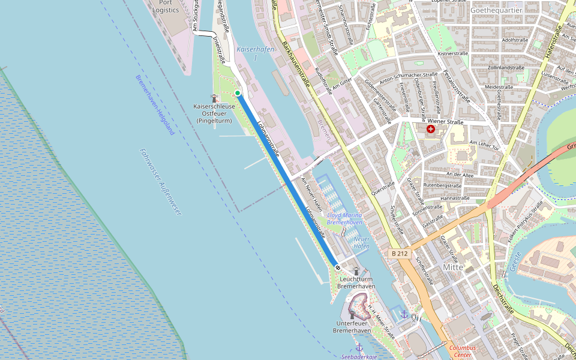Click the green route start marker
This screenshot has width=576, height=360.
pyautogui.click(x=238, y=93)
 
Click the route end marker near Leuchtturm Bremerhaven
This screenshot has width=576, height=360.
pyautogui.click(x=338, y=268)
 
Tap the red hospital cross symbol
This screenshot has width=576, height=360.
pyautogui.click(x=431, y=129)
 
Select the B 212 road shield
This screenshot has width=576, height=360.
pyautogui.click(x=399, y=254)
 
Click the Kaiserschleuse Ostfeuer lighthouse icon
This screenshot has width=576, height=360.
pyautogui.click(x=214, y=98)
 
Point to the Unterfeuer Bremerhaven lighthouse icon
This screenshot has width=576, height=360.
pyautogui.click(x=352, y=315)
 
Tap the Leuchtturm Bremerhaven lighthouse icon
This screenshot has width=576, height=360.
pyautogui.click(x=356, y=271)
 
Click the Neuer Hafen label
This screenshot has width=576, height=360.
pyautogui.click(x=361, y=242)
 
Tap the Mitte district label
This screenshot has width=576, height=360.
pyautogui.click(x=453, y=267)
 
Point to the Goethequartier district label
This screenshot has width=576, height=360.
pyautogui.click(x=495, y=11)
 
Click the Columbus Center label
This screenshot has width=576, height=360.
pyautogui.click(x=463, y=351)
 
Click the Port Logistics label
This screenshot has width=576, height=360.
pyautogui.click(x=166, y=6)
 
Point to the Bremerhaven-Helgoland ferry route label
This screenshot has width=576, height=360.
pyautogui.click(x=155, y=104)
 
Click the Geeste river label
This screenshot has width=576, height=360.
pyautogui.click(x=514, y=262)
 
